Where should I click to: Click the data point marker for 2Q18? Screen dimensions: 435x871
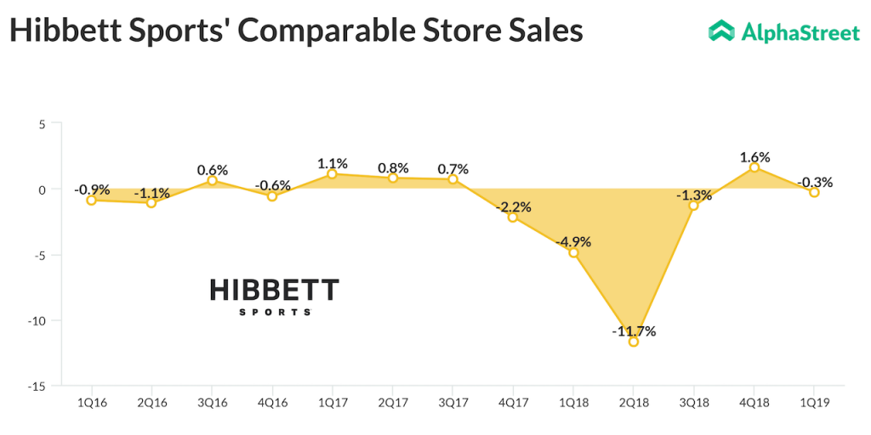pos(634,342)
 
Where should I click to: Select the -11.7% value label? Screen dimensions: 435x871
pos(634,330)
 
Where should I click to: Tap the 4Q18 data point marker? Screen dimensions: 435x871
pos(754,168)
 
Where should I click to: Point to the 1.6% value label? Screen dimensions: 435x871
pos(754,157)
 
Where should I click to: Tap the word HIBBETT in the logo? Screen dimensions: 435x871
pos(274,291)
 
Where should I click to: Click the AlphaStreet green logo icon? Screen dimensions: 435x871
pos(721,31)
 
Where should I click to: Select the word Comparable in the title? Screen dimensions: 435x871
pos(329,30)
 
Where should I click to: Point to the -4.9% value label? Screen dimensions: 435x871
pos(573,241)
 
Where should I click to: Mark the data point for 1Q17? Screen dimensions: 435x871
pos(332,174)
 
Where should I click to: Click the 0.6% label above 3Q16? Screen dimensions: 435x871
pos(212,169)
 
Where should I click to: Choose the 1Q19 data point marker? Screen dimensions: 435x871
pos(814,193)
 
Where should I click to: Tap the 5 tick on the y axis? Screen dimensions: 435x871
pos(39,124)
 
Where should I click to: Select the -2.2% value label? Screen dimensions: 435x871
pos(513,206)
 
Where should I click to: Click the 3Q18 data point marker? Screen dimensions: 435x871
pos(694,206)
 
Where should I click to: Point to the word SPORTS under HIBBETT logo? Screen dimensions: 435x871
pos(274,313)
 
